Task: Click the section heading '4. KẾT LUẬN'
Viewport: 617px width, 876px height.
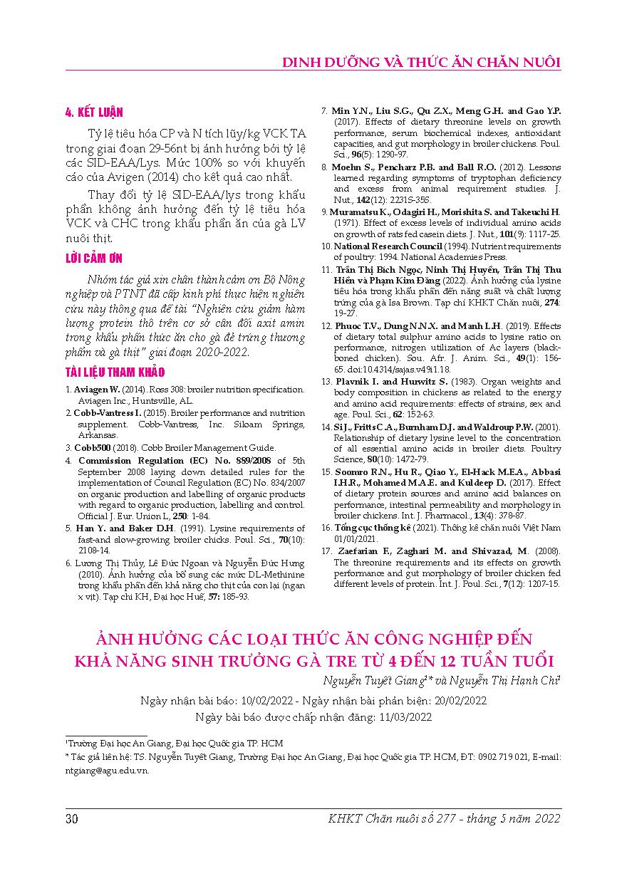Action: click(94, 112)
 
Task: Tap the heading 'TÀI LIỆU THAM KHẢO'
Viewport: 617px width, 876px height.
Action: click(115, 372)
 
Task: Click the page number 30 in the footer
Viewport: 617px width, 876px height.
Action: click(71, 818)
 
